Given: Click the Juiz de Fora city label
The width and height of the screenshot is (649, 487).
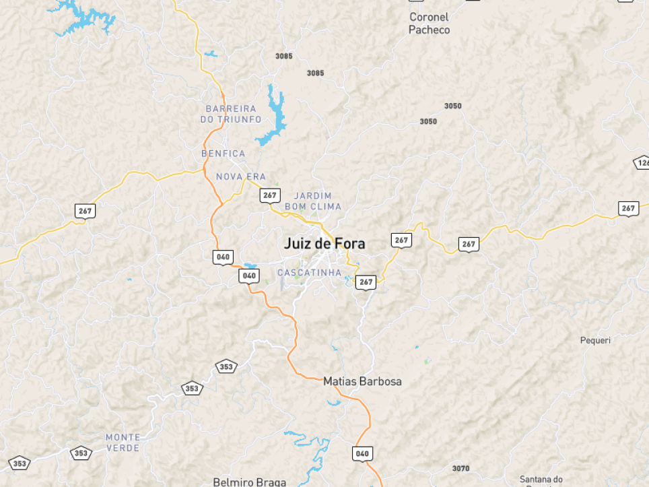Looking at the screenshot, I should point(324,243).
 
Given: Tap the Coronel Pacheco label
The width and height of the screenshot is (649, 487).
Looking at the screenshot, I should point(429,24).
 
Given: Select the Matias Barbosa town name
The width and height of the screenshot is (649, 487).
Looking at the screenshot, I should point(362,381).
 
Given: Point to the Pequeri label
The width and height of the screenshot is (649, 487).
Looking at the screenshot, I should point(595,340).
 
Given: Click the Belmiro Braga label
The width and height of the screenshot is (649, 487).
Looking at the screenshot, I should point(249,482).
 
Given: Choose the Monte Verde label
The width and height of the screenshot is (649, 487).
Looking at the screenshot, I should point(123,443).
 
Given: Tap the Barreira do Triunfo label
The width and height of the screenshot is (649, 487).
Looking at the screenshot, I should point(231,114).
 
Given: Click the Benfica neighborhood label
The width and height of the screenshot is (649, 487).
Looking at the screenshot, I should point(223,154).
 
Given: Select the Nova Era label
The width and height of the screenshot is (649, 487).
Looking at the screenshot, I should point(241,176).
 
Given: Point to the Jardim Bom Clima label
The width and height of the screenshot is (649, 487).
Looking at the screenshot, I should point(313,201).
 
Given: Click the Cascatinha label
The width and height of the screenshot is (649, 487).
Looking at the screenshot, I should point(310,273).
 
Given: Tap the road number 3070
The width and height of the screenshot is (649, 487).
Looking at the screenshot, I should point(460,468).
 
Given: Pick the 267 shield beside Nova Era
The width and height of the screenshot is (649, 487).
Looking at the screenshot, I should point(270,195).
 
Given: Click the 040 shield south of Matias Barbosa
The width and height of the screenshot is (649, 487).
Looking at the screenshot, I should point(362,453).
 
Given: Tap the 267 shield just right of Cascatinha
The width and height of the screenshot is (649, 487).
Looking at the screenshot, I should point(366,282).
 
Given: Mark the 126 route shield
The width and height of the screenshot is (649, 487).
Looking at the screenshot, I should point(642,162).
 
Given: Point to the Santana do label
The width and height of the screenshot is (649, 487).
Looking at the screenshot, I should point(541,479).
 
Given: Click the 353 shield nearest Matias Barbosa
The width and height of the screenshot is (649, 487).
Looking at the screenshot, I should point(227,366).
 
